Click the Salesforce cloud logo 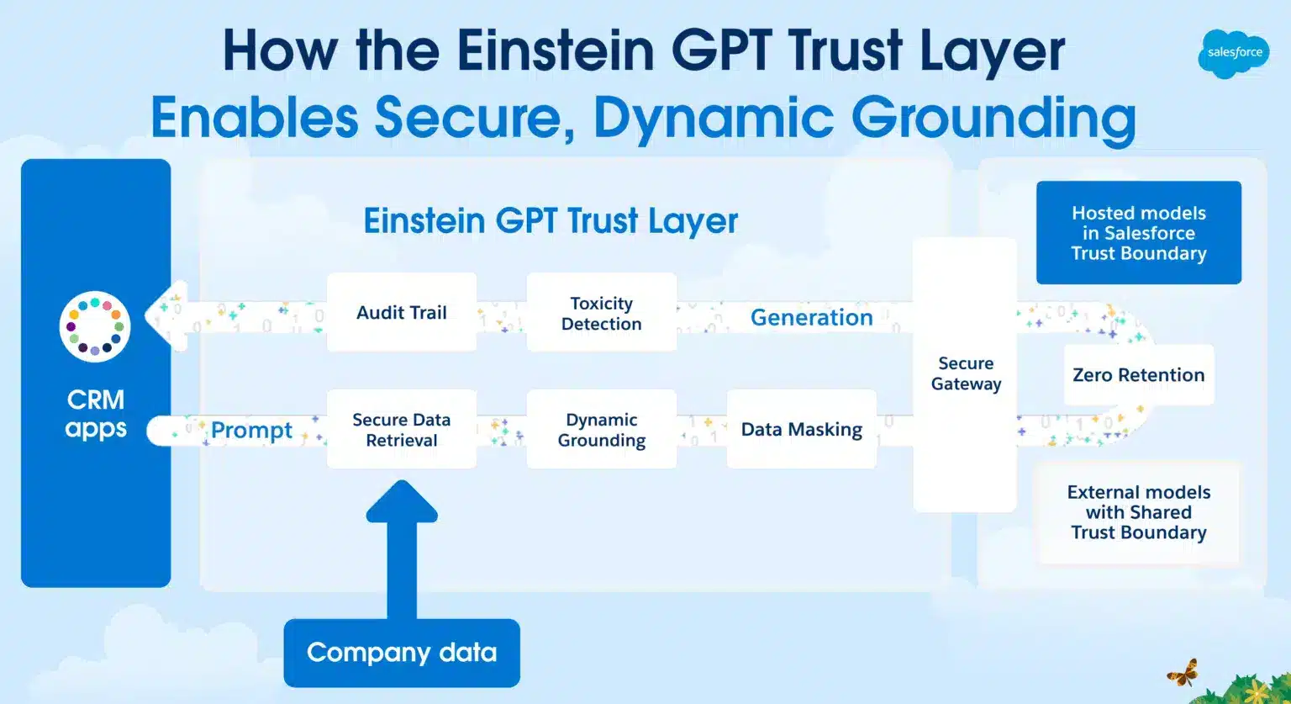tap(1234, 52)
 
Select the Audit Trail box tap(401, 312)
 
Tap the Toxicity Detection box tap(601, 313)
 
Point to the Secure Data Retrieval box tap(401, 429)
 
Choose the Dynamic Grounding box tap(601, 429)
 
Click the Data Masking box tap(801, 429)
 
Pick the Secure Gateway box tap(965, 374)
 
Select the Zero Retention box tap(1138, 375)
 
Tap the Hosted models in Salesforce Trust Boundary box tap(1138, 233)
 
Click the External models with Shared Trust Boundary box tap(1138, 512)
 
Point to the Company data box tap(401, 653)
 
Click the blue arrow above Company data tap(402, 547)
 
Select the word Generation tap(811, 317)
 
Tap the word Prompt tap(251, 430)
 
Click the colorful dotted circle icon tap(95, 326)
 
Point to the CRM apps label tap(96, 413)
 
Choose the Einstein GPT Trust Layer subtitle tap(551, 220)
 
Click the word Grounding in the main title tap(993, 118)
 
